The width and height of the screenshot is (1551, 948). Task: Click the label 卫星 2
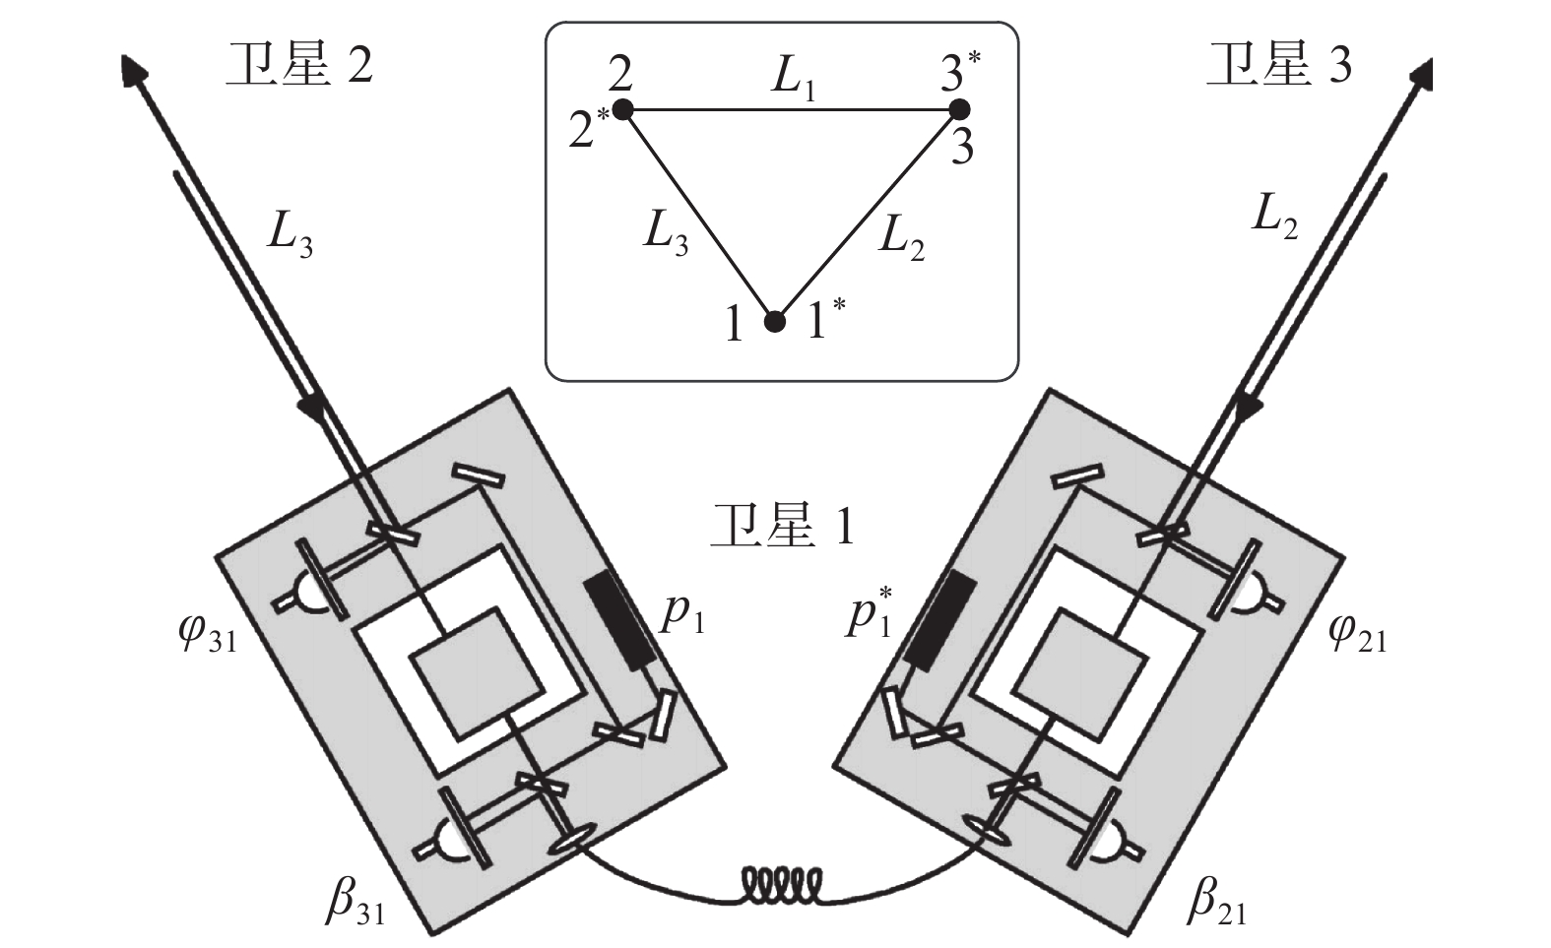tap(299, 66)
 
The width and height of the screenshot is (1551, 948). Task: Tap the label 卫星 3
tap(1278, 66)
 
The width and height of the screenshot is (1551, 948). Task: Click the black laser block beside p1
tap(620, 622)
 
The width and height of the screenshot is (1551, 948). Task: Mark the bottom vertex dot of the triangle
tap(776, 321)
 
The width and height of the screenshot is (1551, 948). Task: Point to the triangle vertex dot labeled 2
tap(622, 108)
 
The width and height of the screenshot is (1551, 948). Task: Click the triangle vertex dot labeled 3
tap(958, 109)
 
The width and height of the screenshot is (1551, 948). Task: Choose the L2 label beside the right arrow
tap(1274, 219)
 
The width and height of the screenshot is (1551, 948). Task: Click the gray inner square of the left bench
tap(478, 673)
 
